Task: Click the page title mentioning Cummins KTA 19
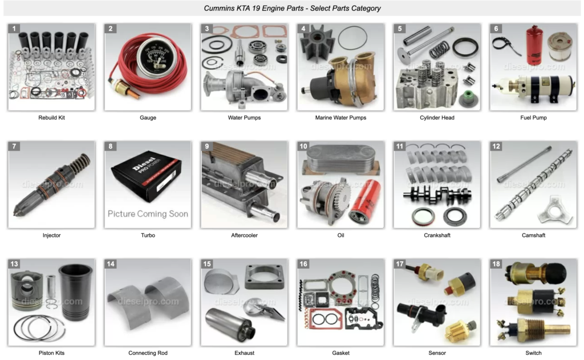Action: [x=292, y=8]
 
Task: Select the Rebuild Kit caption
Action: [x=51, y=118]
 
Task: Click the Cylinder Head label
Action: [x=437, y=118]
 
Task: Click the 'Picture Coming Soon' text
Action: [x=148, y=214]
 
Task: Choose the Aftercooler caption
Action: [x=244, y=236]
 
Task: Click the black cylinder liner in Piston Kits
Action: [x=75, y=292]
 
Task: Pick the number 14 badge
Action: [x=111, y=264]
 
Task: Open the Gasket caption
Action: [x=340, y=353]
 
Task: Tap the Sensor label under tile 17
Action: [x=437, y=353]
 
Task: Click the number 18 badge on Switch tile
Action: [x=496, y=264]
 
